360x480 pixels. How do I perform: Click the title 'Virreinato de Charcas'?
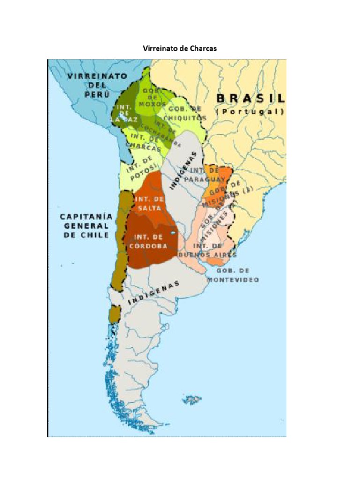180,48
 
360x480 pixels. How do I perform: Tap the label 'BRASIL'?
249,98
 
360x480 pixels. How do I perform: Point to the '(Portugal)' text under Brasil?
249,112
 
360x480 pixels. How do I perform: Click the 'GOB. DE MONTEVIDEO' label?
238,275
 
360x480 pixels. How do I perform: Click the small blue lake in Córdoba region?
173,232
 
